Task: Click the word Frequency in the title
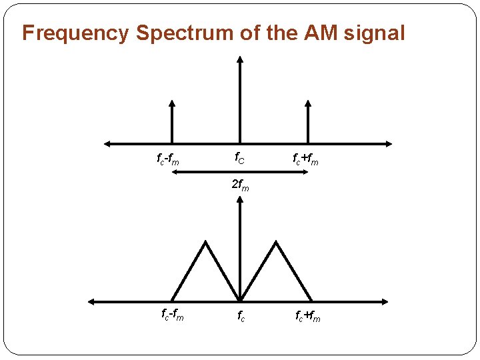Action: pyautogui.click(x=76, y=33)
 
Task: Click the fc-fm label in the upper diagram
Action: pyautogui.click(x=167, y=159)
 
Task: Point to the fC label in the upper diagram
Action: pyautogui.click(x=239, y=159)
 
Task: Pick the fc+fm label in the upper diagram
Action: pyautogui.click(x=305, y=159)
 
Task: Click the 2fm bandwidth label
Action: pyautogui.click(x=240, y=186)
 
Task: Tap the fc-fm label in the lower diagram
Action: pyautogui.click(x=172, y=314)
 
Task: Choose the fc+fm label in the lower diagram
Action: pyautogui.click(x=307, y=317)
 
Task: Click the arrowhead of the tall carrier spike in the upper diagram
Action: pyautogui.click(x=240, y=59)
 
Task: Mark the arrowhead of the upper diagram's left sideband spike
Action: pyautogui.click(x=172, y=103)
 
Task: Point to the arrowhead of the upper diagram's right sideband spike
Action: pyautogui.click(x=307, y=103)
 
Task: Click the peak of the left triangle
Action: pyautogui.click(x=205, y=243)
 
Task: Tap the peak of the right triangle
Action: pyautogui.click(x=275, y=243)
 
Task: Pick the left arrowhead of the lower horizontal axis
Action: pyautogui.click(x=92, y=301)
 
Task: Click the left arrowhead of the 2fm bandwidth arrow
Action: pyautogui.click(x=173, y=172)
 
